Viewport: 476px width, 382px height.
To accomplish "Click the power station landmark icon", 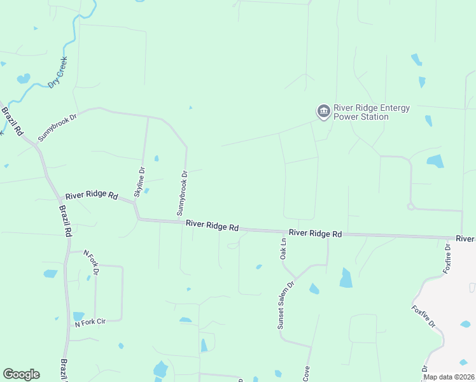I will [x=323, y=112].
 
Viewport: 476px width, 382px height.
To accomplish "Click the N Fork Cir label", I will [x=90, y=323].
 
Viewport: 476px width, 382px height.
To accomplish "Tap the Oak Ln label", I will [x=284, y=249].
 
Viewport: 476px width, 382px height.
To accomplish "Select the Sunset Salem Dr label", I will [x=284, y=306].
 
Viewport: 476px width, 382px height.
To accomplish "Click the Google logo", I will [x=21, y=374].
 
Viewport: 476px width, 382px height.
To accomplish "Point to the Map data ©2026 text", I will [x=449, y=377].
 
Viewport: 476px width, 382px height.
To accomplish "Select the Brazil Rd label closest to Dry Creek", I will [x=12, y=121].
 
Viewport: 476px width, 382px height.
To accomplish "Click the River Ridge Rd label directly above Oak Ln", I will [x=315, y=234].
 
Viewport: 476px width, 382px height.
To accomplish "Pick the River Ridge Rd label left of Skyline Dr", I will [x=92, y=195].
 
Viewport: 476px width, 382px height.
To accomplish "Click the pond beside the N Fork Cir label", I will [x=78, y=316].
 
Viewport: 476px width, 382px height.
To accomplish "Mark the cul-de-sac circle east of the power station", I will [x=411, y=206].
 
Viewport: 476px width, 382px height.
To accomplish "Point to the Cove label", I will [x=306, y=374].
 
